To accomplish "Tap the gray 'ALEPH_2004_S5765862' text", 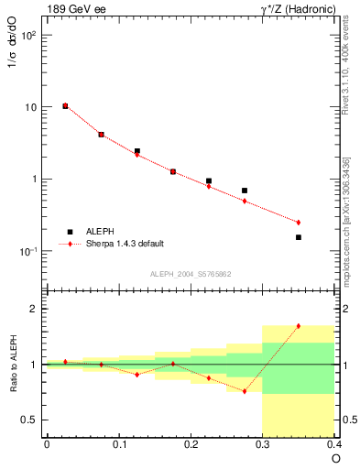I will coord(190,274).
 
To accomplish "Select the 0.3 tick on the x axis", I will coord(262,445).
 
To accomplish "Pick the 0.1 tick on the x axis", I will coord(118,445).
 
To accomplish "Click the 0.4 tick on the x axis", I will coord(333,445).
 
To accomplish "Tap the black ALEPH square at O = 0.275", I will coord(245,191).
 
